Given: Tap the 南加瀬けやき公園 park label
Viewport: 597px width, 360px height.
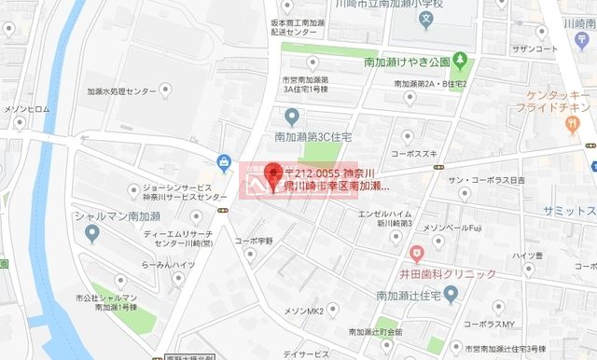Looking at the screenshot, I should (406, 62).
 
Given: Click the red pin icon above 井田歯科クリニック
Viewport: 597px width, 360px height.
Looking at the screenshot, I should (416, 252).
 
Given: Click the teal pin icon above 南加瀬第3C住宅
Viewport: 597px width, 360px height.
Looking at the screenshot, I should (291, 116).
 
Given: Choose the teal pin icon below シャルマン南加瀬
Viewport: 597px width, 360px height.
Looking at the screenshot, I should (91, 232).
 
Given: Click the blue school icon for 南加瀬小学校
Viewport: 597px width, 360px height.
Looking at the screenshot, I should (426, 17).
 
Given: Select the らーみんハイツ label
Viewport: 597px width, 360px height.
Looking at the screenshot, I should (168, 265).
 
